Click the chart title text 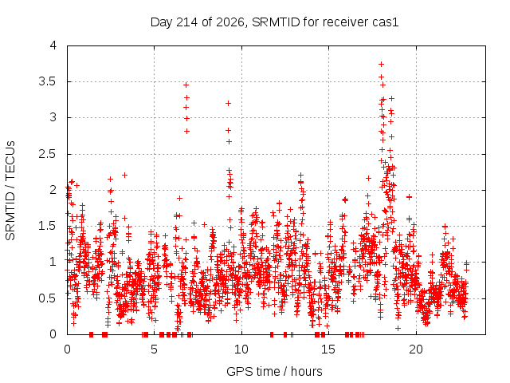274,22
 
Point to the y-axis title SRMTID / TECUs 10,191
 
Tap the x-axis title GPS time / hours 274,371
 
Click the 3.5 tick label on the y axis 47,81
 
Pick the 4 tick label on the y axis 53,45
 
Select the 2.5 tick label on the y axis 47,154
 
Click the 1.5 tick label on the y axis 47,226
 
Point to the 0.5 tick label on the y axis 47,298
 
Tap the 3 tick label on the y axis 53,117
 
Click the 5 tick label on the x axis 154,349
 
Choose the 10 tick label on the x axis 241,349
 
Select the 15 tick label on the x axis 328,349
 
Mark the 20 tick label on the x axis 416,349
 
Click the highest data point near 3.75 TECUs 381,65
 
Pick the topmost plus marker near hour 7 186,85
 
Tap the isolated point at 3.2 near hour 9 229,104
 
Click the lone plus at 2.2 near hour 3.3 124,176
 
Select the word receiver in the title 337,22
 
